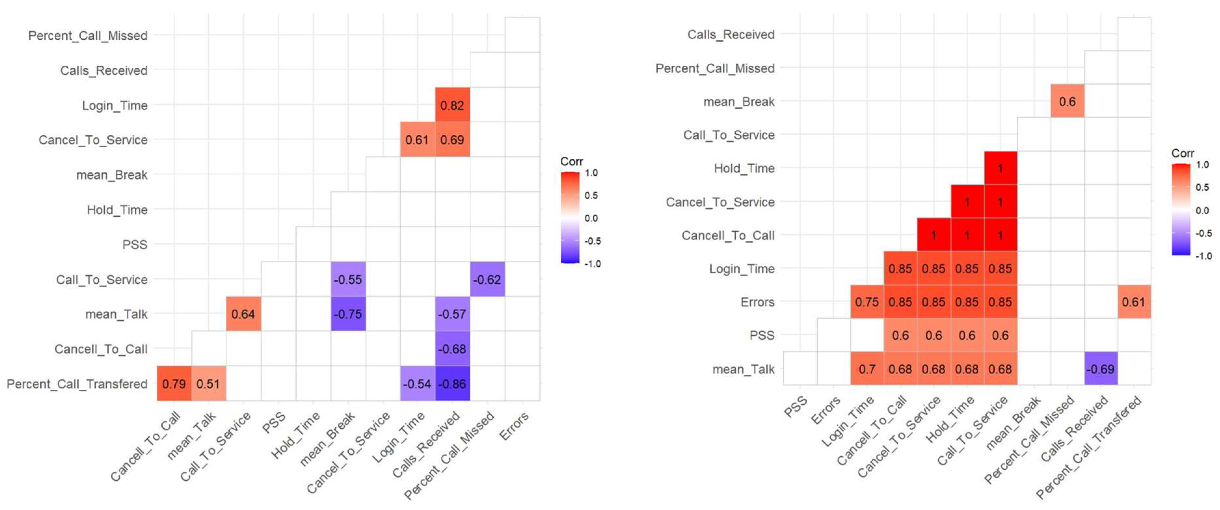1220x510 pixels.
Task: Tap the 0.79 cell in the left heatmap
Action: [x=174, y=383]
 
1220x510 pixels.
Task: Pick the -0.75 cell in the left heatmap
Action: [x=348, y=314]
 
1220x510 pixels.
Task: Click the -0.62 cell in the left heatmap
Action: [x=487, y=279]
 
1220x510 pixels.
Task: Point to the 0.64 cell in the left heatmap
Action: [x=243, y=314]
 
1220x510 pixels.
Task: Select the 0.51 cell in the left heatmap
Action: [x=208, y=383]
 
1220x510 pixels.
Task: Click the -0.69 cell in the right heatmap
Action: [x=1100, y=369]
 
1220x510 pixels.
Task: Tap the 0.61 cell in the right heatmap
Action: [x=1133, y=302]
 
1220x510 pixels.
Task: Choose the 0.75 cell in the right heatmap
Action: [x=867, y=302]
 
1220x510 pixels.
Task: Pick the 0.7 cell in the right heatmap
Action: [x=867, y=369]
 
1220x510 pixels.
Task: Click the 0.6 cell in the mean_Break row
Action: [x=1067, y=101]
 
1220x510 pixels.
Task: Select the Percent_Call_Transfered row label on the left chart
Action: [x=77, y=383]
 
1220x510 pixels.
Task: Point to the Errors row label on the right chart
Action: [x=757, y=302]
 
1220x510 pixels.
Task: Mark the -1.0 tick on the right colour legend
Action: [x=1203, y=256]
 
